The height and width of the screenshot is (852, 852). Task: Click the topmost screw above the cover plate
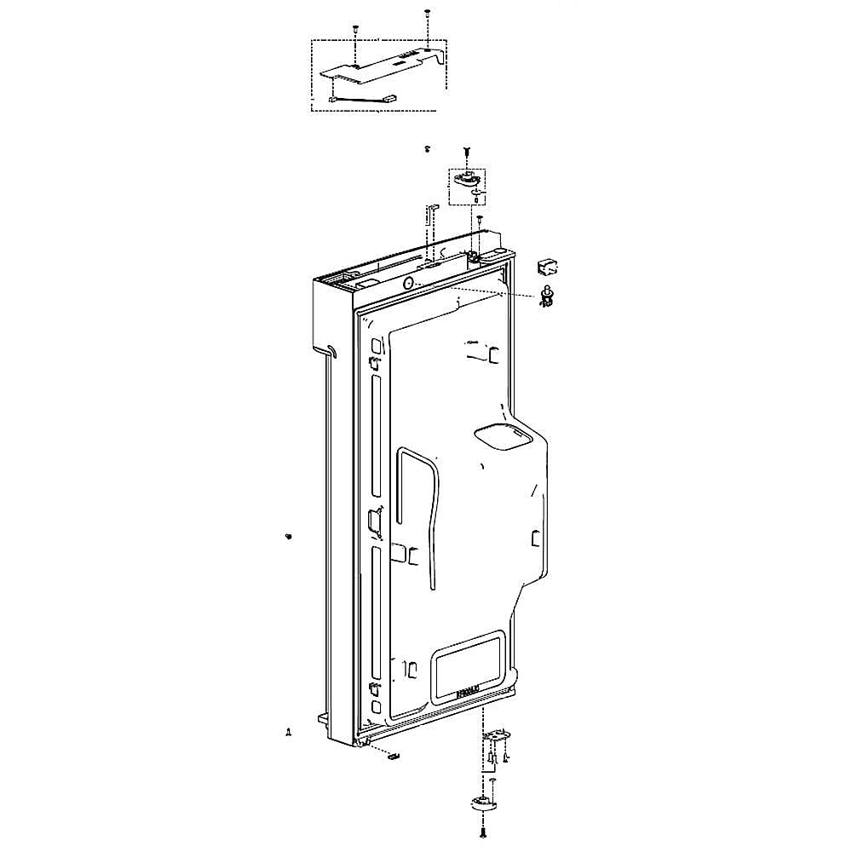[x=426, y=14]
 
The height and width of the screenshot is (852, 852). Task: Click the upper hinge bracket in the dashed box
[x=467, y=178]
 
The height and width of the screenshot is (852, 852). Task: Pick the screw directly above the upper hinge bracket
[x=467, y=152]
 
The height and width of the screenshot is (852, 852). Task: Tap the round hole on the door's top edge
[x=408, y=284]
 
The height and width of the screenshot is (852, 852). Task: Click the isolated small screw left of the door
[x=289, y=536]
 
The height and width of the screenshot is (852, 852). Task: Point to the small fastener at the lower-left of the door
[x=289, y=732]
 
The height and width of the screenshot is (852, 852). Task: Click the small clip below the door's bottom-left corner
[x=393, y=754]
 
